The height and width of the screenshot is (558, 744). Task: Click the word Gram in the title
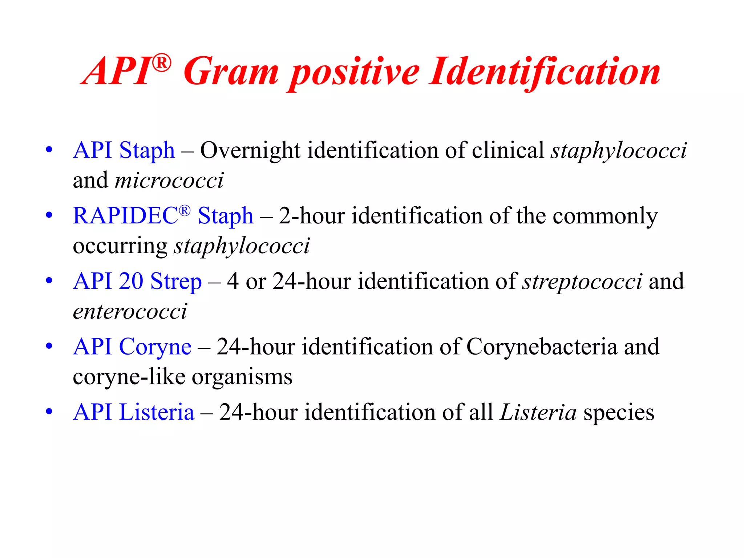(x=231, y=72)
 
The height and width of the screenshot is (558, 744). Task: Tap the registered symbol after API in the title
(x=161, y=63)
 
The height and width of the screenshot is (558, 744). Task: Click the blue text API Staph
(x=124, y=150)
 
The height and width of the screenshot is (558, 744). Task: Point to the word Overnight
(x=250, y=151)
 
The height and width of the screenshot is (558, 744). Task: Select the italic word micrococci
(x=169, y=180)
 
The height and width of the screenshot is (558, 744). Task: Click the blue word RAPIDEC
(x=125, y=216)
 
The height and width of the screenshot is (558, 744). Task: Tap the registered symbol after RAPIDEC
(x=185, y=211)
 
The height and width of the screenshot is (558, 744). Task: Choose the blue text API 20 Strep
(x=137, y=281)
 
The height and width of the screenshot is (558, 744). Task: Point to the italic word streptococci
(x=582, y=282)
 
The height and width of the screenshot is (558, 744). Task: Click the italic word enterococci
(x=130, y=312)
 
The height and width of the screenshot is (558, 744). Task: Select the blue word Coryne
(x=155, y=347)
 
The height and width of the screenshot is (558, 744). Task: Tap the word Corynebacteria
(x=541, y=347)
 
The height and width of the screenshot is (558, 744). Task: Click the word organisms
(x=242, y=377)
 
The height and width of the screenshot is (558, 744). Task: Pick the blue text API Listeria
(x=133, y=412)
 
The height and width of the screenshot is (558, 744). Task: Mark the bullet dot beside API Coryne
(x=49, y=346)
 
